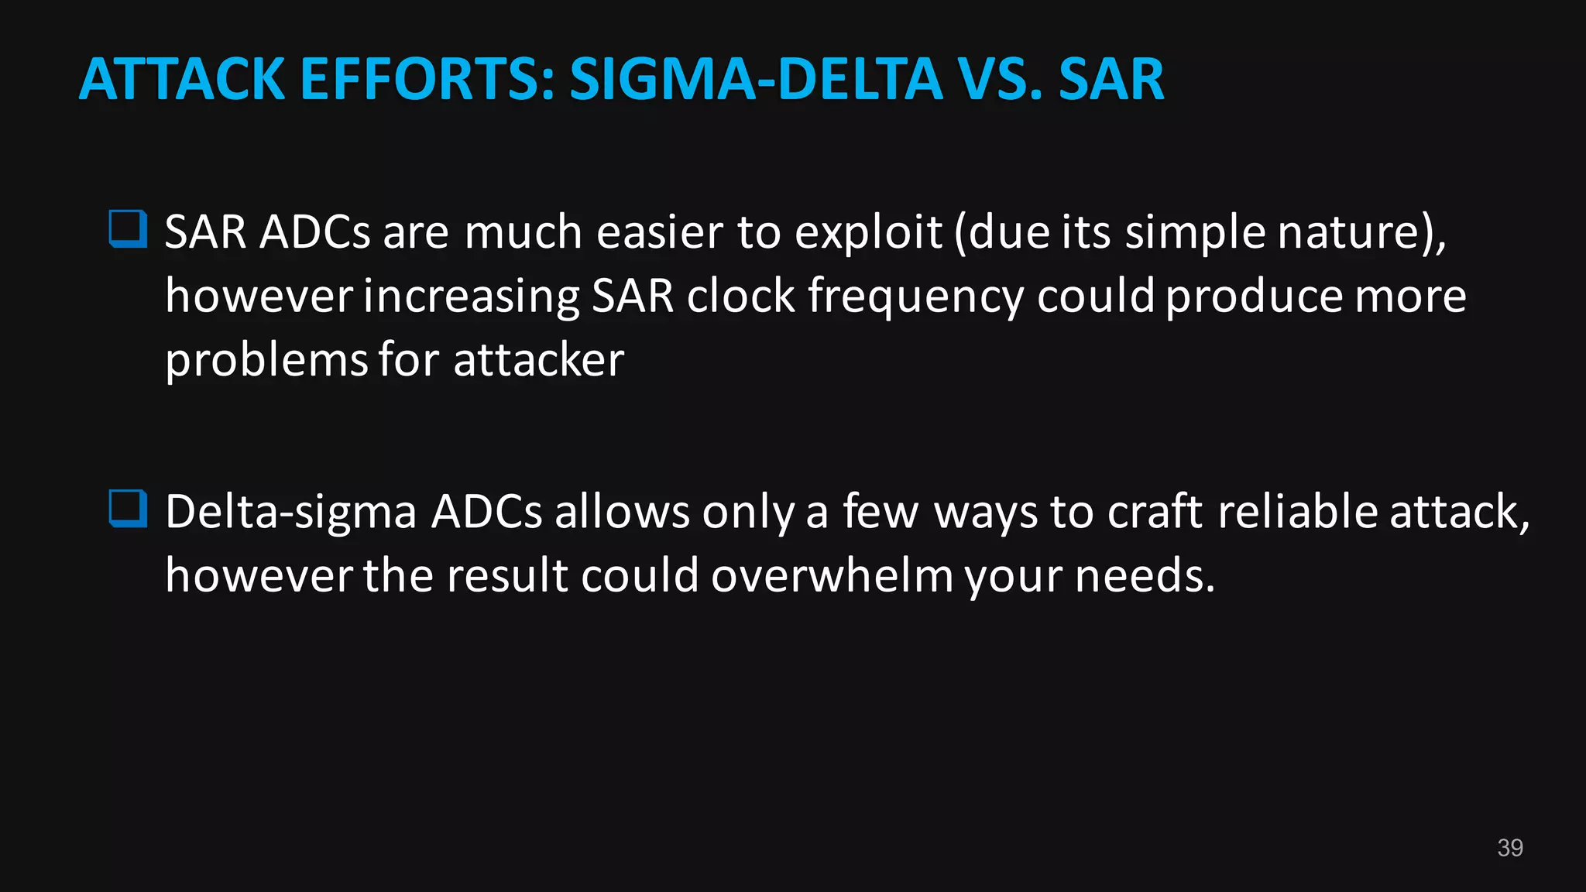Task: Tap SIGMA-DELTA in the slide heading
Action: point(756,79)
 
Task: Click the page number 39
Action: point(1510,848)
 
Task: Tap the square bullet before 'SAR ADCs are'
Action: point(128,229)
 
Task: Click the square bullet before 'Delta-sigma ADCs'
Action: point(128,509)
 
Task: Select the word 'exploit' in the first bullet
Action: point(867,232)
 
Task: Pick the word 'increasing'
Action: point(471,297)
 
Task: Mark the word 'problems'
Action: point(266,361)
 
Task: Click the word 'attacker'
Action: point(538,360)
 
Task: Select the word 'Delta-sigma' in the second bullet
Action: point(291,512)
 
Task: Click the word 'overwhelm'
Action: point(832,575)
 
